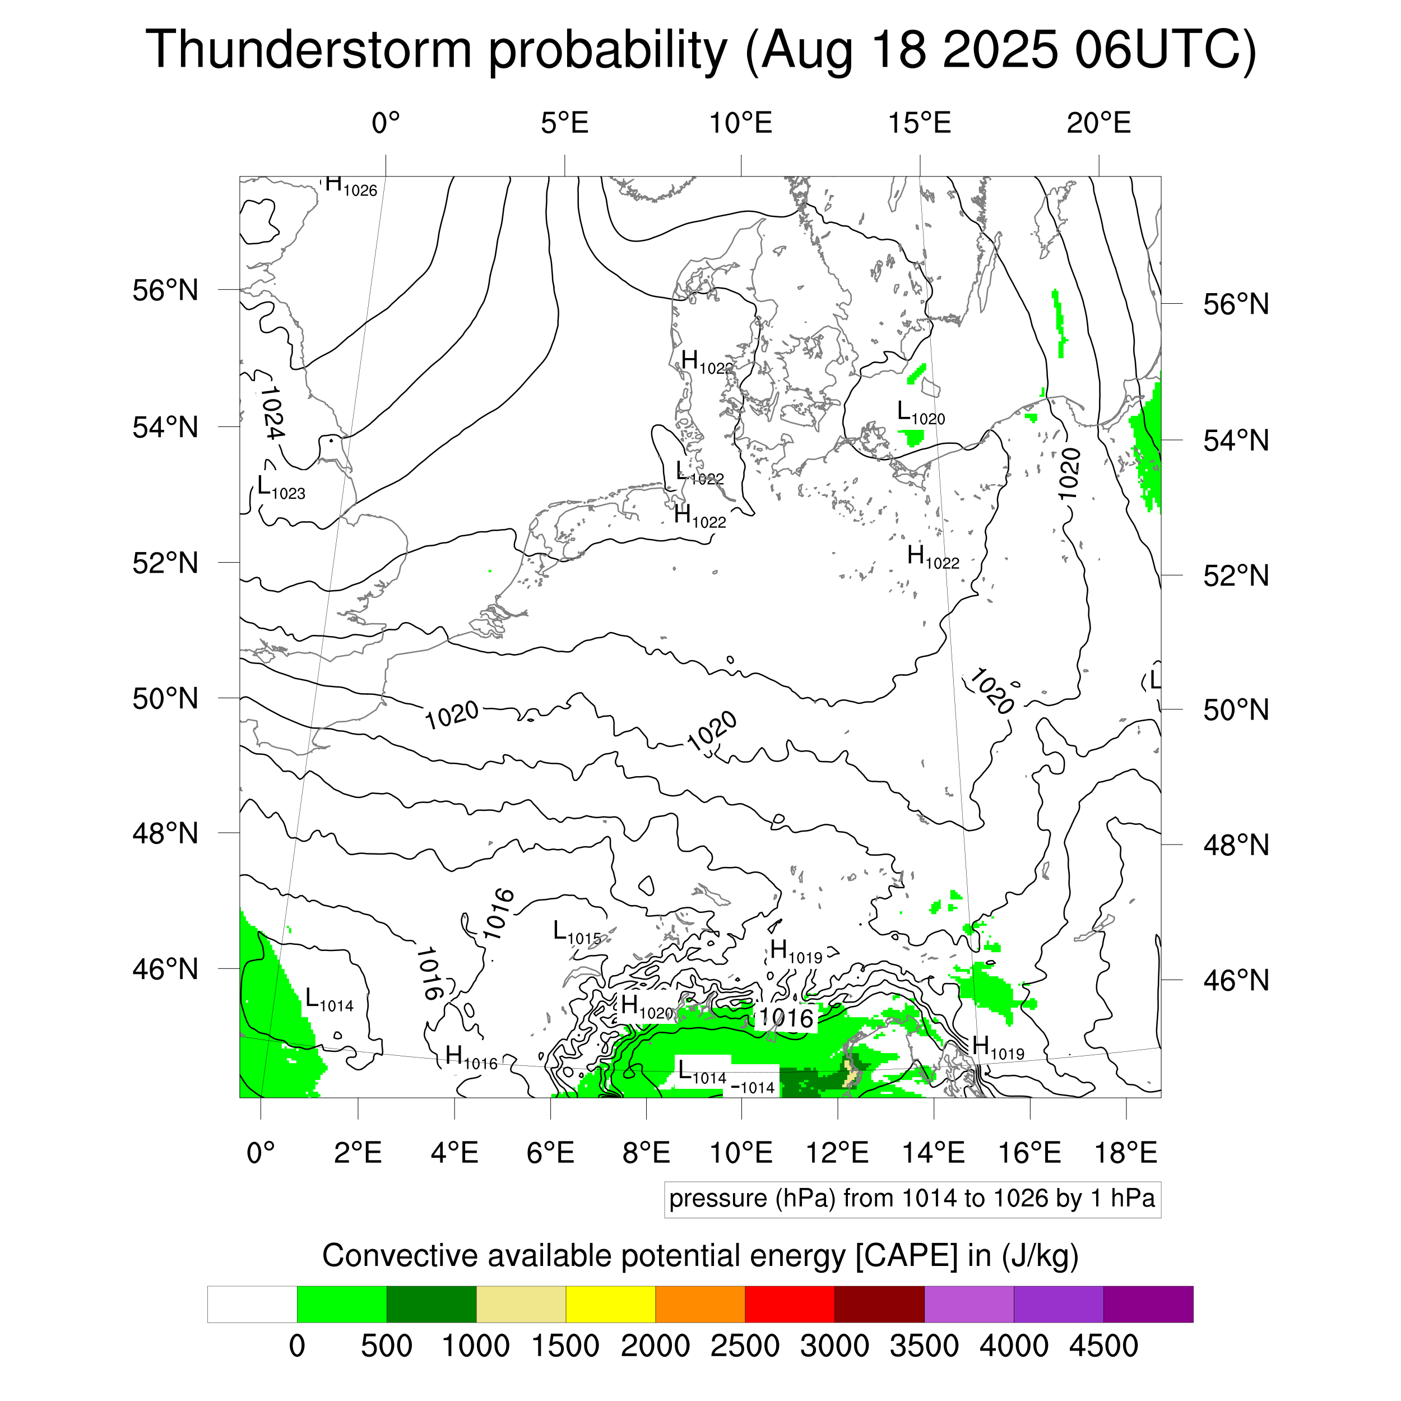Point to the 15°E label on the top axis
click(920, 123)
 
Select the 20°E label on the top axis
click(1098, 123)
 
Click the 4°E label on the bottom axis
click(454, 1152)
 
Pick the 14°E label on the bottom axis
click(934, 1152)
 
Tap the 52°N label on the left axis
click(165, 563)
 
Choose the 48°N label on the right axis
click(1236, 846)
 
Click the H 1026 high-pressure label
click(350, 185)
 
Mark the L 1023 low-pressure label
click(281, 488)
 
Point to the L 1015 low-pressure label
click(577, 933)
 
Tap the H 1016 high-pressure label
click(471, 1058)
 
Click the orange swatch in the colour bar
click(700, 1305)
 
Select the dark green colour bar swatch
click(432, 1305)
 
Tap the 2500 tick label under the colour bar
click(745, 1347)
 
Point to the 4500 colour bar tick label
click(1103, 1347)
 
